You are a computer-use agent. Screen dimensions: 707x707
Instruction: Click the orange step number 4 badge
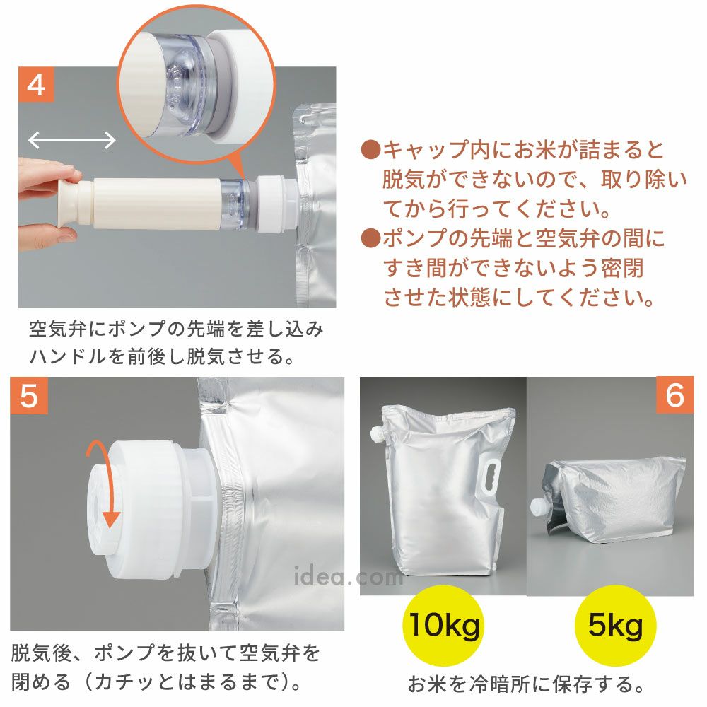click(x=36, y=84)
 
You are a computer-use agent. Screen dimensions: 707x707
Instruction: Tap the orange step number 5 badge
click(x=29, y=395)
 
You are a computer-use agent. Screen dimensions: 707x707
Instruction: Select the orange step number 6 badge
click(x=674, y=395)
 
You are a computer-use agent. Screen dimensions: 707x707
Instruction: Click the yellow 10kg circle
click(x=443, y=626)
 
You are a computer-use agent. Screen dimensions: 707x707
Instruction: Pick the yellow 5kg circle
click(x=616, y=626)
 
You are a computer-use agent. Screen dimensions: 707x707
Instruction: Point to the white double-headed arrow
click(x=72, y=140)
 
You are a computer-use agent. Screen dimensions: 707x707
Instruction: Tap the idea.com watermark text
click(x=348, y=576)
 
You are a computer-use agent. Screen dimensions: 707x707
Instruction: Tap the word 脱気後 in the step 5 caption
click(x=40, y=653)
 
